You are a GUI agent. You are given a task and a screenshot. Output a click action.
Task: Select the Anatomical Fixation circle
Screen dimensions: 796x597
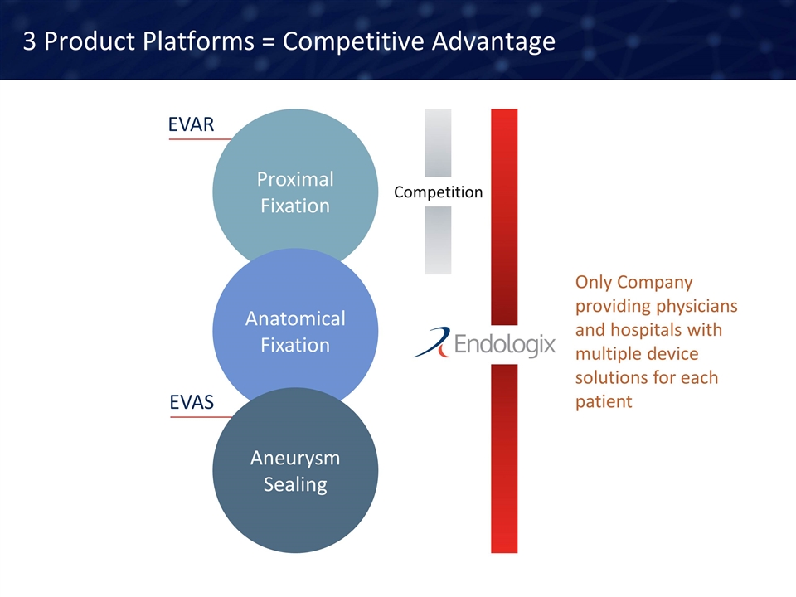point(295,331)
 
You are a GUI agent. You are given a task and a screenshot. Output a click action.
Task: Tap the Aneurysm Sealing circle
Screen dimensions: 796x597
point(295,470)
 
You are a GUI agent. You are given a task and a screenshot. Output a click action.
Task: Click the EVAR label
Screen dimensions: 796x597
point(191,124)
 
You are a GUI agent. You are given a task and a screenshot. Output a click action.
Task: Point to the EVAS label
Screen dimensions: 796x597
point(192,402)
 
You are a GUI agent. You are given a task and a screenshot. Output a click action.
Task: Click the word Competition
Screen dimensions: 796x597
point(438,192)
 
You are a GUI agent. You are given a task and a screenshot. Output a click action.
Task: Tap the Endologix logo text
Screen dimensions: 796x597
point(505,344)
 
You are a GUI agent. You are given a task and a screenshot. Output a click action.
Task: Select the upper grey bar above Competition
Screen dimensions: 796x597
point(438,143)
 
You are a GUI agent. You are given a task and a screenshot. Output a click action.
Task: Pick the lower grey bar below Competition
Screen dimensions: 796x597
point(438,240)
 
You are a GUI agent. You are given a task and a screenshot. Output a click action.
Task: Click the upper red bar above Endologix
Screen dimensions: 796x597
point(504,216)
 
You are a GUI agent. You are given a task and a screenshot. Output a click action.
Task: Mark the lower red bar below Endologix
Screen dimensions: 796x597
point(504,459)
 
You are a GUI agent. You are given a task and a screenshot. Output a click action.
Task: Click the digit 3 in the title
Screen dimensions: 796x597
point(30,41)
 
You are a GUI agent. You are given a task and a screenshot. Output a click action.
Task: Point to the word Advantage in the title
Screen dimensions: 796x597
point(493,42)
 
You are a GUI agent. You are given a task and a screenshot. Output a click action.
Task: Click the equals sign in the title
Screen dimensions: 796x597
point(268,42)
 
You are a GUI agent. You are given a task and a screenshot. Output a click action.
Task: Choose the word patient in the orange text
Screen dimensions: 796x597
point(604,401)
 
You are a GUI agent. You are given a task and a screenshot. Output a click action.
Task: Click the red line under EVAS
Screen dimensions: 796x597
point(201,417)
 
